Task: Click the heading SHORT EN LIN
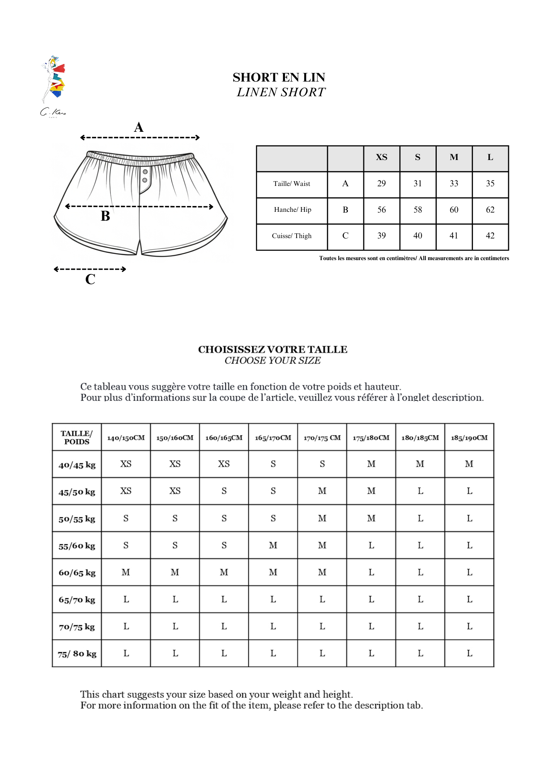pos(279,77)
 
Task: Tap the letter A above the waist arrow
pos(139,127)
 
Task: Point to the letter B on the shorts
pos(105,216)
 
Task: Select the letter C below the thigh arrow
pos(90,279)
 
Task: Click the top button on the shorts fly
pos(145,172)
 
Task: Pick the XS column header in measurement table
pos(382,157)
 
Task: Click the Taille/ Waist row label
pos(292,184)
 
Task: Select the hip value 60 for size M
pos(454,210)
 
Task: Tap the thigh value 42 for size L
pos(490,236)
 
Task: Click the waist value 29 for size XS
pos(382,184)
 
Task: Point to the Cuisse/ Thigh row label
pos(292,236)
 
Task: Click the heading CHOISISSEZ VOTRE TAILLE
pos(273,349)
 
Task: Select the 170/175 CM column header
pos(322,438)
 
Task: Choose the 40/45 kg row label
pos(77,465)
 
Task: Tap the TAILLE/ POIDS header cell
pos(77,438)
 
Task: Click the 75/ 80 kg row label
pos(77,654)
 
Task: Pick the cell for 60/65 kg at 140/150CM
pos(126,572)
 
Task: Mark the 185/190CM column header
pos(469,438)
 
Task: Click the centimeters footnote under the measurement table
pos(414,258)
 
